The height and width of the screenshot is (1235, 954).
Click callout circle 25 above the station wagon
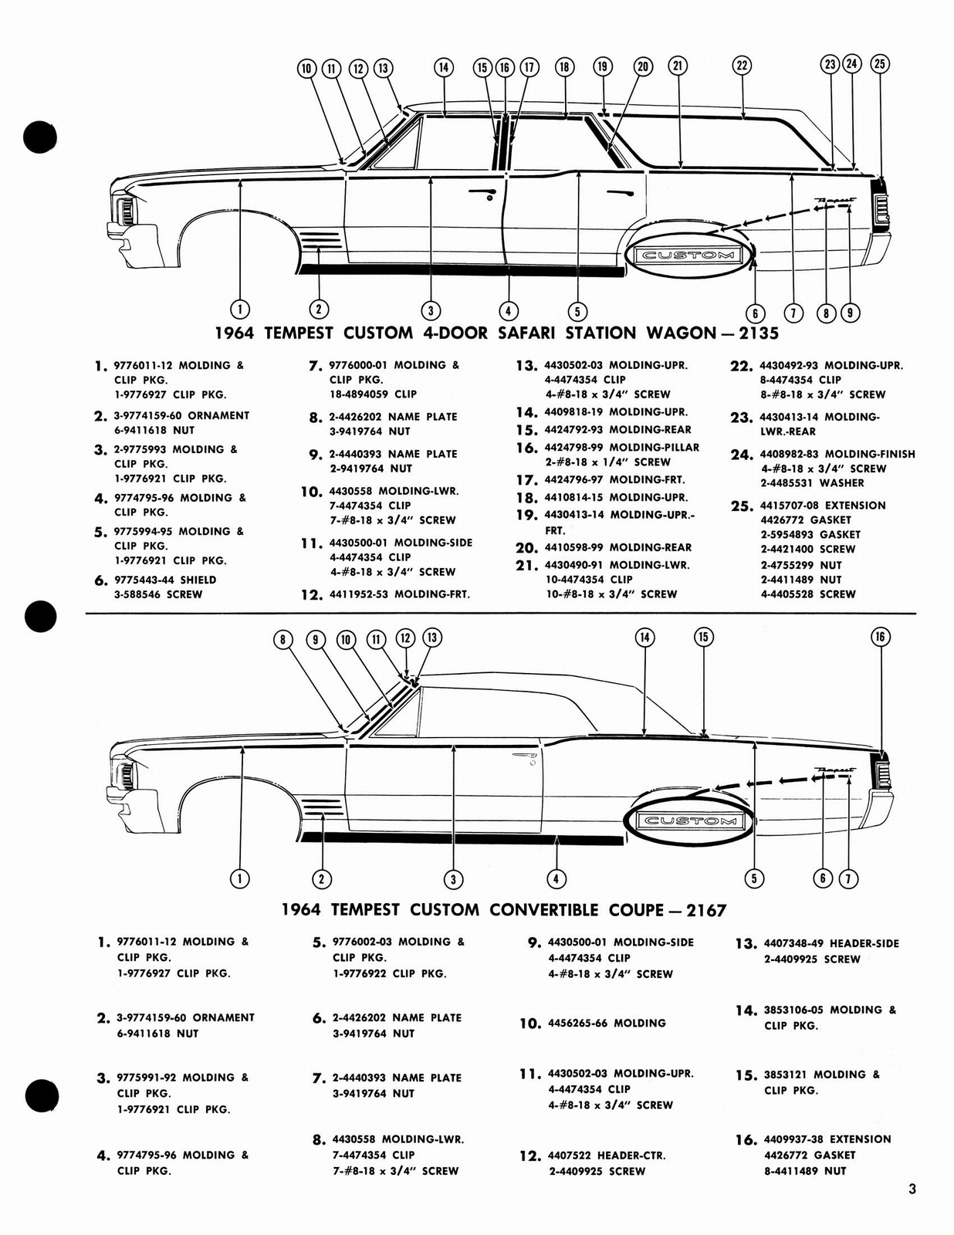(x=880, y=64)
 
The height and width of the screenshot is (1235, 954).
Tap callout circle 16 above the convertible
(x=881, y=637)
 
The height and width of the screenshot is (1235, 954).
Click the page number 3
(x=912, y=1189)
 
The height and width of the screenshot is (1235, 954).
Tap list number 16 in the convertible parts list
(x=746, y=1140)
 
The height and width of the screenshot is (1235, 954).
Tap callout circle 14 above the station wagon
(x=443, y=67)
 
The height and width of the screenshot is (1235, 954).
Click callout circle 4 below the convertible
(x=556, y=878)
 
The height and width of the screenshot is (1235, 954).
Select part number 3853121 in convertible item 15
(x=786, y=1074)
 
